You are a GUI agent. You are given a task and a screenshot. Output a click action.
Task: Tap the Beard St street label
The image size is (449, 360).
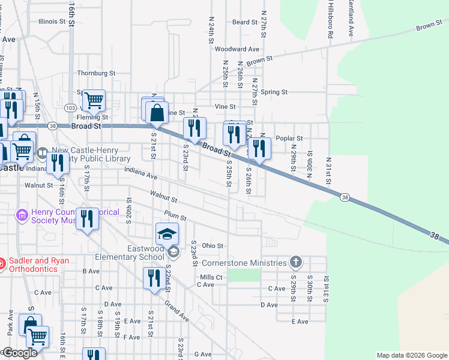pyautogui.click(x=245, y=22)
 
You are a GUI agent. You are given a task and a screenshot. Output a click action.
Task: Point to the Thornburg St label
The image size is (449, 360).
pyautogui.click(x=95, y=73)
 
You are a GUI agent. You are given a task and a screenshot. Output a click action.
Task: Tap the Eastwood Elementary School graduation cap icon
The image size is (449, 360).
pyautogui.click(x=167, y=234)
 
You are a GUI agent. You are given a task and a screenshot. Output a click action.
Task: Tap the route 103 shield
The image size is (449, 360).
pyautogui.click(x=70, y=108)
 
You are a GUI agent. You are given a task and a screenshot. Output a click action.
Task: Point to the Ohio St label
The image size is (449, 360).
pyautogui.click(x=212, y=245)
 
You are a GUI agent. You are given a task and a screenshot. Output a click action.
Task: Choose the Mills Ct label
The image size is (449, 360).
pyautogui.click(x=211, y=277)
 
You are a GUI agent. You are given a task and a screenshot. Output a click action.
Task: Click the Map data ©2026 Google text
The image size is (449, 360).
pyautogui.click(x=412, y=355)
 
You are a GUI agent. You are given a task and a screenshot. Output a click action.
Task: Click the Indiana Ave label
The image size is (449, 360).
pyautogui.click(x=140, y=173)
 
